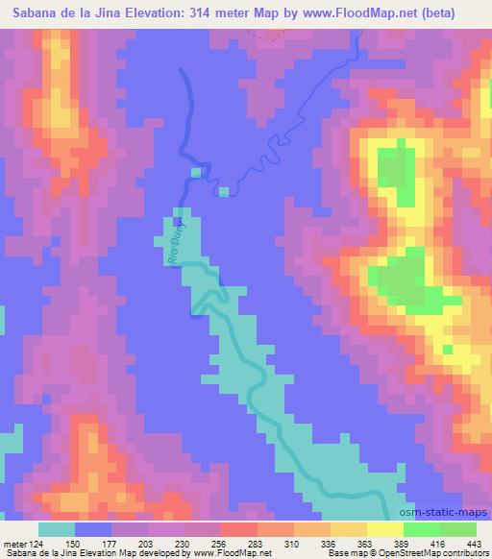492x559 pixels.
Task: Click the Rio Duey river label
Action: click(x=175, y=246)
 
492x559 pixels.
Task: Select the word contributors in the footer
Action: click(x=465, y=554)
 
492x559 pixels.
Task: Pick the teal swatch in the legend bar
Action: click(x=56, y=529)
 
